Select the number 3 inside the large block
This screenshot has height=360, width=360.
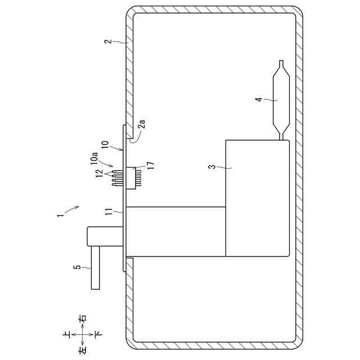211,166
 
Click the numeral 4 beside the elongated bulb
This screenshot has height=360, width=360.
258,100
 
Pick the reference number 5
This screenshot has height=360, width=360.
78,267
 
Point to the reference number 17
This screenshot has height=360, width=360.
150,164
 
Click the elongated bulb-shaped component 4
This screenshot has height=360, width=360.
280,100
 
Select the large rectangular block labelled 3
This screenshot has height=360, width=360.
257,198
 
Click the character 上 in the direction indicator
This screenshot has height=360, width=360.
67,334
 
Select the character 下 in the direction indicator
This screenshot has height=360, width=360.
98,334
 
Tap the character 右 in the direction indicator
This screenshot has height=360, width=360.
82,318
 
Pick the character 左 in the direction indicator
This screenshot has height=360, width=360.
82,349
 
